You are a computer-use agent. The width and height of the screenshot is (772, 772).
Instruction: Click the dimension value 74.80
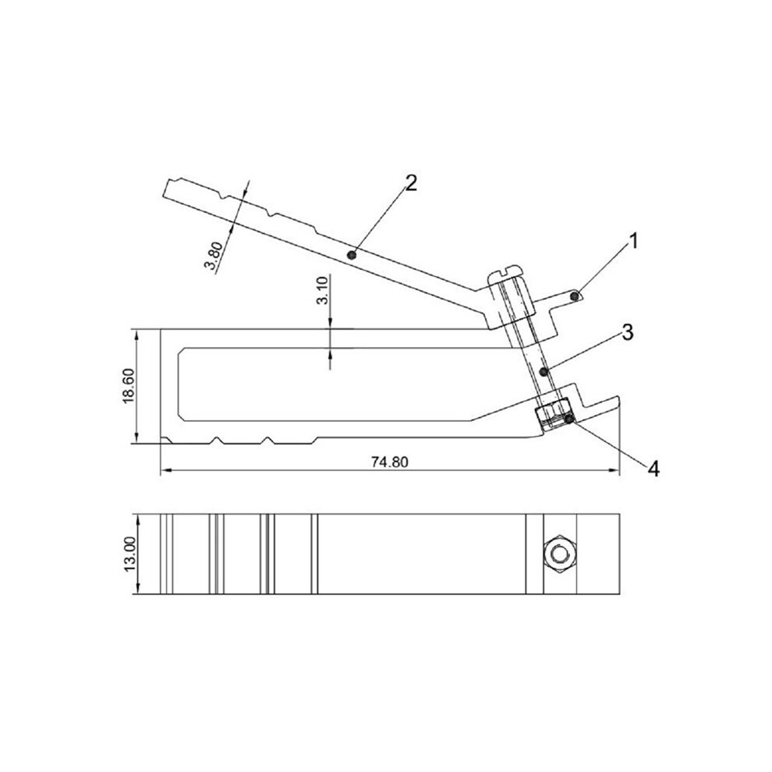point(389,462)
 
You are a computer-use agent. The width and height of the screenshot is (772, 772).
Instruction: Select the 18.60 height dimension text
point(128,386)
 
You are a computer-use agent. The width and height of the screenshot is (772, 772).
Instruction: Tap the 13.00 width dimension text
point(130,554)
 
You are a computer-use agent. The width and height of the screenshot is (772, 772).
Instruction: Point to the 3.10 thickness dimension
point(322,291)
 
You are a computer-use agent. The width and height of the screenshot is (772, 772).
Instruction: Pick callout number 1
point(634,241)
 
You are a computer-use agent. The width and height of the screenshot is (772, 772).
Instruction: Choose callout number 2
point(411,182)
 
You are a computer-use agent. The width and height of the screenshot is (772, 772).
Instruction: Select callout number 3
point(627,332)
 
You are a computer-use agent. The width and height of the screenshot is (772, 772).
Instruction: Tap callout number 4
point(653,469)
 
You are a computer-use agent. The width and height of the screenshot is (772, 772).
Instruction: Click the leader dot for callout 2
point(352,254)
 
